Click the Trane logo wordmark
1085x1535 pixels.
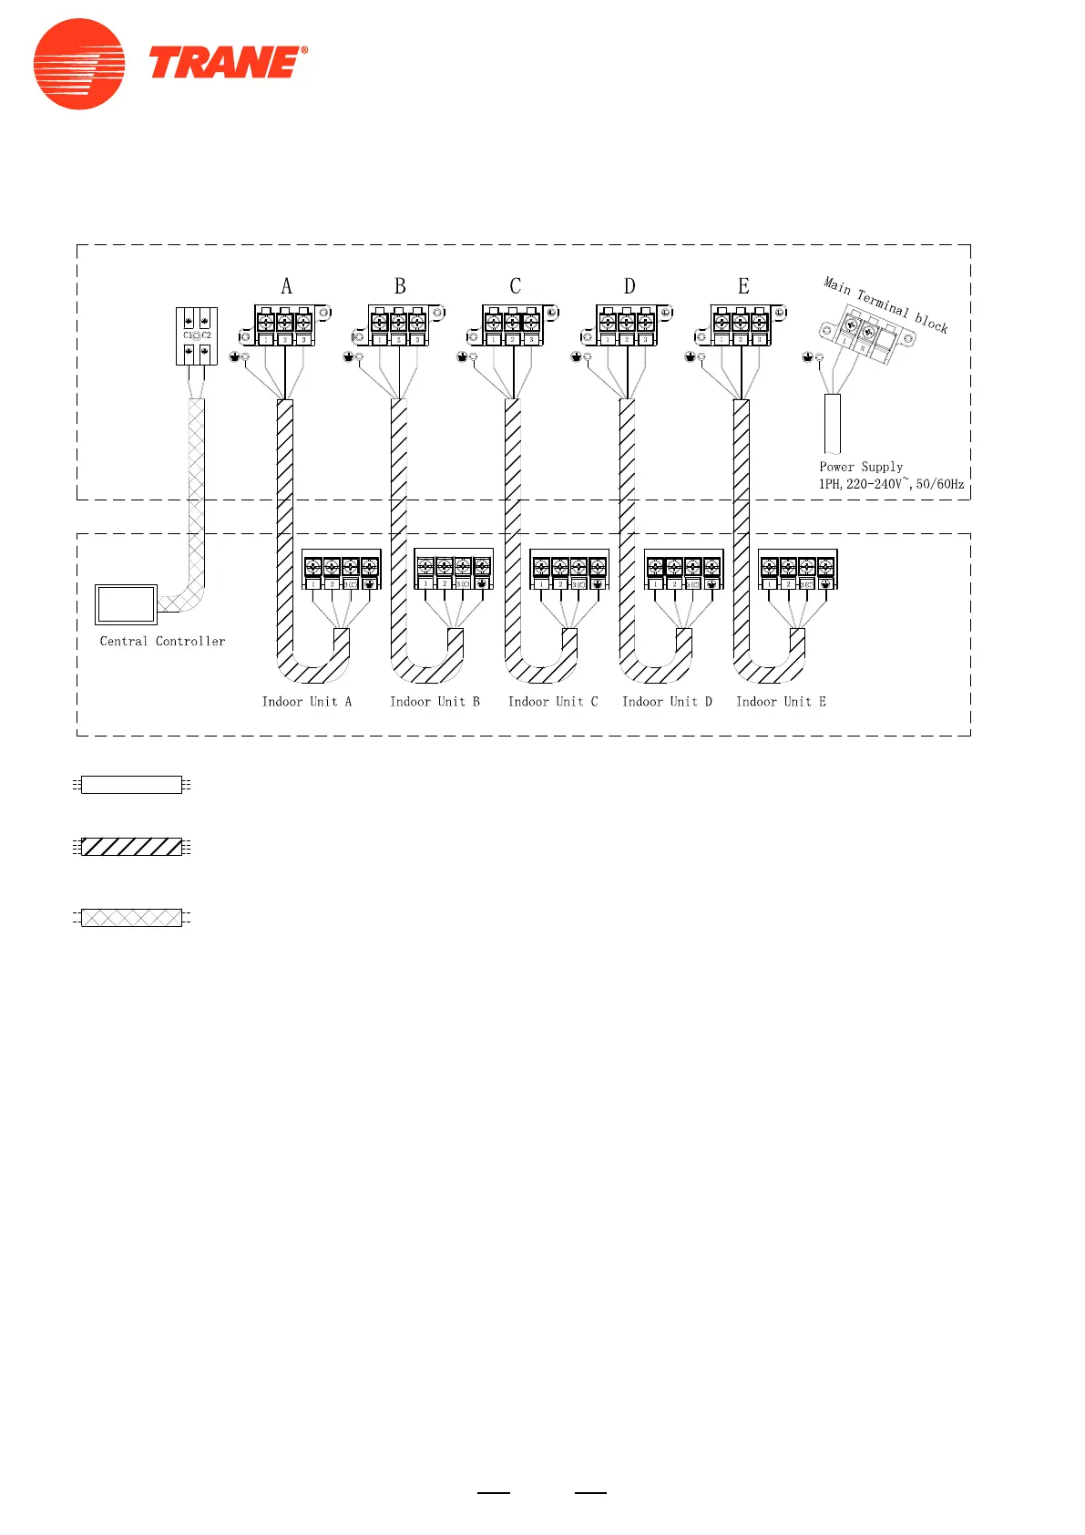227,63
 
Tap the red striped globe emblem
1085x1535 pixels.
79,64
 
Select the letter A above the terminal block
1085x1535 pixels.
287,286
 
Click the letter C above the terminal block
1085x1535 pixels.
515,286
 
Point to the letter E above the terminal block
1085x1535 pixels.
743,286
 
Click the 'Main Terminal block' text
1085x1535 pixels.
885,304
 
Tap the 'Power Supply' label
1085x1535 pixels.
861,467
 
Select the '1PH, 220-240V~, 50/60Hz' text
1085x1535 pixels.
891,484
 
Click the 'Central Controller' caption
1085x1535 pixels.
162,642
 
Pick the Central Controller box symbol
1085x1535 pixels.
126,603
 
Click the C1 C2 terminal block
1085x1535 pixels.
197,335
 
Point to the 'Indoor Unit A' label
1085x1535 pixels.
307,702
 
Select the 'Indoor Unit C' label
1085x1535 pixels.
553,702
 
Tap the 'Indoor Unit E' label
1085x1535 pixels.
781,702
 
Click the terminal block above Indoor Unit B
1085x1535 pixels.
454,570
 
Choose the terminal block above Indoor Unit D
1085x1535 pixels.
683,570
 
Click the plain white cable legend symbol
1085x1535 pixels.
131,785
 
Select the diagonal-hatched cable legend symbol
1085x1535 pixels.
131,847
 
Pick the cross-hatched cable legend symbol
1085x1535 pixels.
131,917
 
